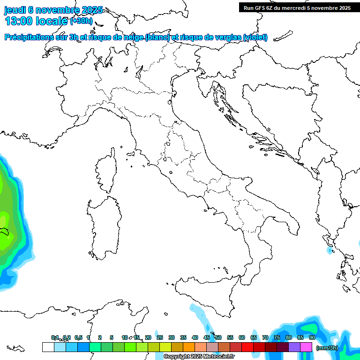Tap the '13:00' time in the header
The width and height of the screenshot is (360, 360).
coord(17,21)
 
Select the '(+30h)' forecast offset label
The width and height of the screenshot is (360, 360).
coord(81,21)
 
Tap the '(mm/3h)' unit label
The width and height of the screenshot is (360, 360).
coord(327,348)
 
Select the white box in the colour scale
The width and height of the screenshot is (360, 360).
coord(48,347)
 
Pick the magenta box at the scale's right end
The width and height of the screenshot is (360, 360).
coord(306,347)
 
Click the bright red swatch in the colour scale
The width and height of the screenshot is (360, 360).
coord(247,347)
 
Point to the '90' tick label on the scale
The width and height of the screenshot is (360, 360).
coord(312,337)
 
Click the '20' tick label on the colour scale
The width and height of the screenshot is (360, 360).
coord(148,337)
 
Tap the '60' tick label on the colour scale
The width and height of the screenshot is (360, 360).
coord(242,337)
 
